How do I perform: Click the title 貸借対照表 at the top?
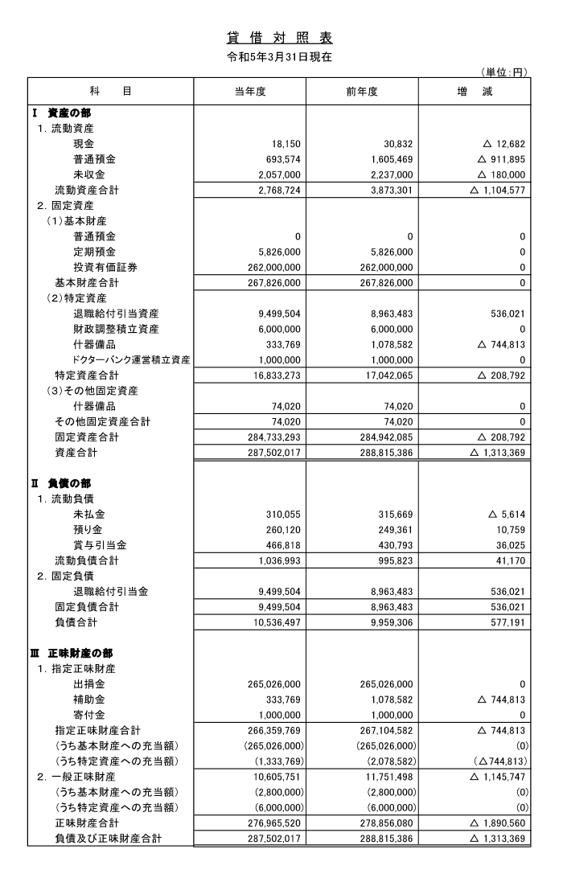coord(281,39)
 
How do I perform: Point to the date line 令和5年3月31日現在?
coord(281,57)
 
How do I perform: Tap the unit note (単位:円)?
coord(504,72)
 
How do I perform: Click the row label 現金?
coord(84,143)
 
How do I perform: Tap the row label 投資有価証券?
coord(105,267)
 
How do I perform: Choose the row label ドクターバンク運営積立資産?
coord(132,359)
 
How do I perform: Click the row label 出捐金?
coord(89,684)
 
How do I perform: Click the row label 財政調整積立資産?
coord(116,329)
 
